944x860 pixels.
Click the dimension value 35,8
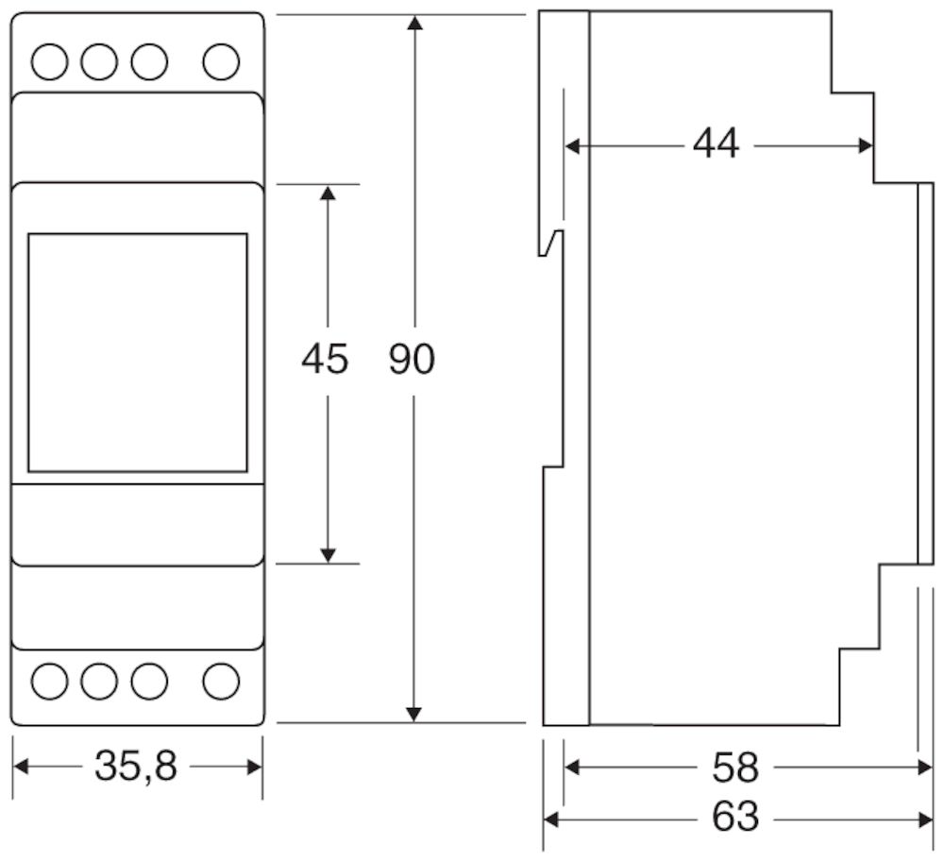coord(137,767)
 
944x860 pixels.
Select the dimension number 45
coord(325,359)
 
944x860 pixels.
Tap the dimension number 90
coord(412,359)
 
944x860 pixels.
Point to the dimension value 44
coord(716,144)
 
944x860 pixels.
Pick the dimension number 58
coord(736,767)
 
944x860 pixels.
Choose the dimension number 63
coord(736,817)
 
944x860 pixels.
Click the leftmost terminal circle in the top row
coord(50,62)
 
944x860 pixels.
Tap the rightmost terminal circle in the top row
coord(220,62)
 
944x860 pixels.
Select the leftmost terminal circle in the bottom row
coord(50,680)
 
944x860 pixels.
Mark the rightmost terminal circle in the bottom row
coord(220,680)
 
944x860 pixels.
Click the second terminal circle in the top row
coord(99,62)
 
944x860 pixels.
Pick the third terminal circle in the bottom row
coord(148,680)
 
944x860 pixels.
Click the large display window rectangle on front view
coord(138,352)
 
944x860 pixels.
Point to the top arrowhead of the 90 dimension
coord(413,23)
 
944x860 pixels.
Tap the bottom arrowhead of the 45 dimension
coord(328,555)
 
